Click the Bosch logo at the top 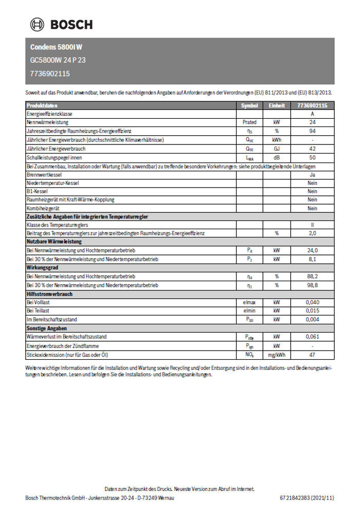click(61, 24)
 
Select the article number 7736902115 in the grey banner click(50, 74)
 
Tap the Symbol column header click(250, 105)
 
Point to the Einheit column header click(276, 105)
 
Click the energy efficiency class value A click(312, 114)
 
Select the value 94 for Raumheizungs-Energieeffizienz click(312, 132)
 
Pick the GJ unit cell click(276, 149)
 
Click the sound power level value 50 click(312, 158)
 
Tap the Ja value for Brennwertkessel click(312, 175)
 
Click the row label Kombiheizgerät click(44, 209)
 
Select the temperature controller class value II click(312, 225)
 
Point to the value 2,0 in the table click(312, 233)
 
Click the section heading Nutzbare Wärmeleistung click(54, 242)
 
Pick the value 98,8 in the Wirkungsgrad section click(312, 285)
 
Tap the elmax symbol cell click(250, 303)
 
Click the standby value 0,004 click(312, 319)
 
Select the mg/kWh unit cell click(276, 355)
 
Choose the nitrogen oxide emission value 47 click(312, 355)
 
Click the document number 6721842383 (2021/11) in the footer click(307, 498)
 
